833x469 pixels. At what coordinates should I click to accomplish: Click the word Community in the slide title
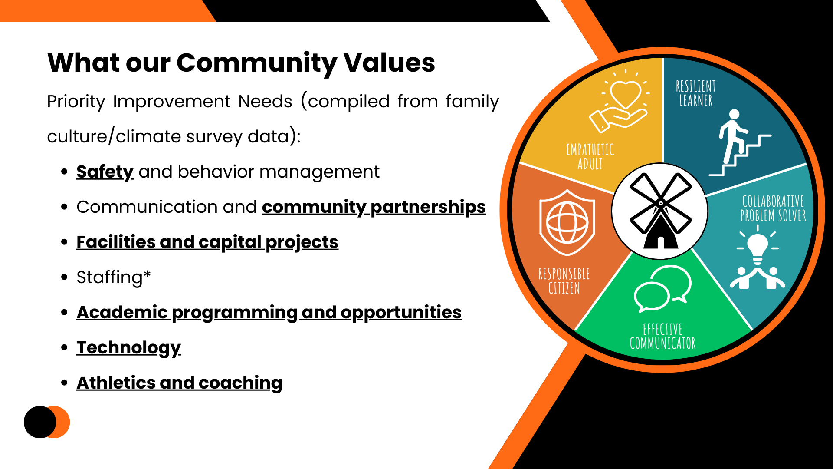(x=256, y=63)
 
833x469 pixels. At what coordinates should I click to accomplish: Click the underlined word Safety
(x=105, y=172)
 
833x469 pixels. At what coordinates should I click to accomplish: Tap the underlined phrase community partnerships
(x=374, y=207)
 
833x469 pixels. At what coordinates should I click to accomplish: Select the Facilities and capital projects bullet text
(x=207, y=242)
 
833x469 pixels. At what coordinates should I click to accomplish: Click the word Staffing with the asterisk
(x=113, y=277)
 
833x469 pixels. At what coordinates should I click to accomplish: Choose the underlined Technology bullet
(x=128, y=348)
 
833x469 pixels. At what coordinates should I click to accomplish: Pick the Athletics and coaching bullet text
(x=179, y=383)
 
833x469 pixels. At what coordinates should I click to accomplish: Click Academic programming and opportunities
(x=269, y=313)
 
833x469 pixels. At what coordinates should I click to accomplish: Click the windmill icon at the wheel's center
(x=660, y=211)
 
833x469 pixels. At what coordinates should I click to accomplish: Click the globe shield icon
(x=567, y=222)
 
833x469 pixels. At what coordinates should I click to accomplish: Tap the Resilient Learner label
(x=695, y=93)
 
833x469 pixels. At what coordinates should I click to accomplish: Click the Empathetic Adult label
(x=590, y=157)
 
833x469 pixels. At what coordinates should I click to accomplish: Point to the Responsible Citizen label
(x=564, y=281)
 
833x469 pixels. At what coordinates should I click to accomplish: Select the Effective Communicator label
(x=662, y=337)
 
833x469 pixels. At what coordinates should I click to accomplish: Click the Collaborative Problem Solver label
(x=773, y=208)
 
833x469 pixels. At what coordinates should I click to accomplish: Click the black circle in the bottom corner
(x=39, y=422)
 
